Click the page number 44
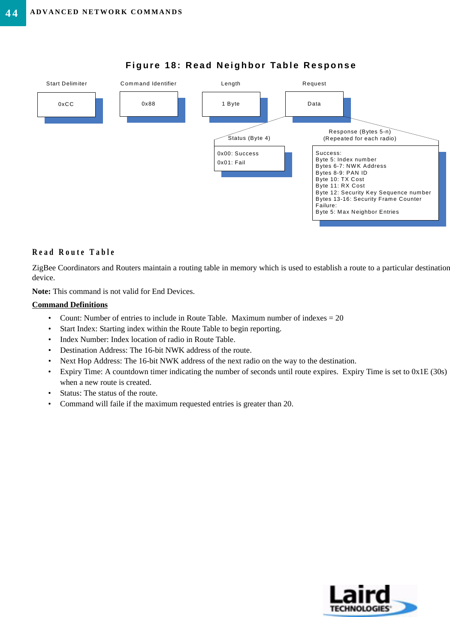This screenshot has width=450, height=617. pos(12,13)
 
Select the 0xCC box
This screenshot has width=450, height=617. pos(66,104)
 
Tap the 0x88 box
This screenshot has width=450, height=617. pos(148,104)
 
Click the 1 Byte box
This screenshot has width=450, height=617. pos(231,104)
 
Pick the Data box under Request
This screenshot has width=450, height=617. pos(314,104)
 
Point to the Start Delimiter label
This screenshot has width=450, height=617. pos(66,84)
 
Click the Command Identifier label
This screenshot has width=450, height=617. pos(148,84)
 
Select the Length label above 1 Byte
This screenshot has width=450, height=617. pos(231,84)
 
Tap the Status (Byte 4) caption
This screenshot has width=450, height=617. pos(249,138)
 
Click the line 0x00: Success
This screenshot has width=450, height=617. pos(238,154)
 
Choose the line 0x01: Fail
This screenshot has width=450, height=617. pos(231,163)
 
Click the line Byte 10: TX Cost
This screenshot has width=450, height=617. pos(340,179)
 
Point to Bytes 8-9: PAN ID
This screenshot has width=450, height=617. pos(341,173)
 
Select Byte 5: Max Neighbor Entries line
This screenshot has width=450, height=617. pos(357,212)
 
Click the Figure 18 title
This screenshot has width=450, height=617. pos(241,65)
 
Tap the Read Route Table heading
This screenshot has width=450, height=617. pos(73,252)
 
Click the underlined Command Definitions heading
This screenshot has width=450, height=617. pos(70,305)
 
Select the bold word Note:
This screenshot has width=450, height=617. pos(41,291)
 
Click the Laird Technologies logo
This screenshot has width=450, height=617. pos(369,600)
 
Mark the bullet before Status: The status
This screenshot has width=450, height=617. pos(50,393)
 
